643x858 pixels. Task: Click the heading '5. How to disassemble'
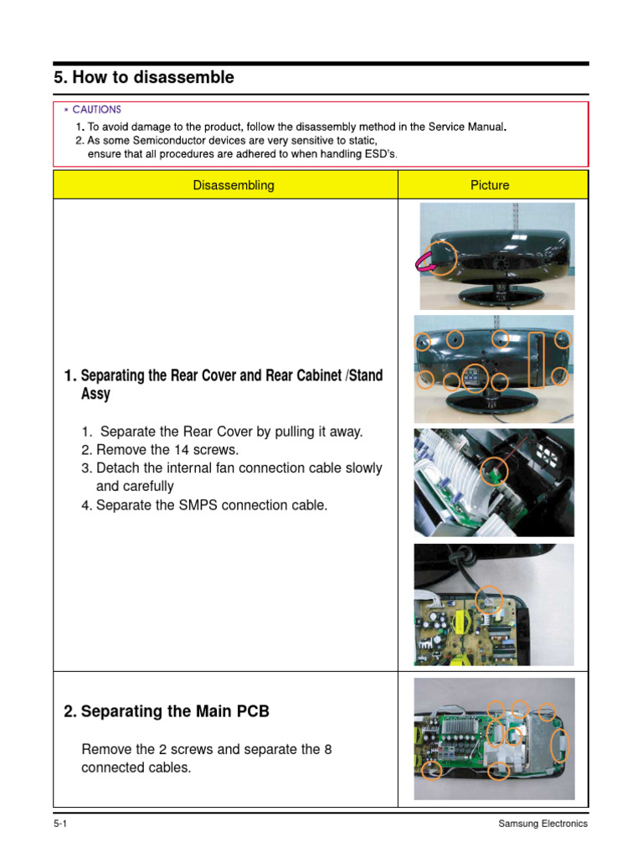(144, 78)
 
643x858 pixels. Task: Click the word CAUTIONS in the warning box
(96, 110)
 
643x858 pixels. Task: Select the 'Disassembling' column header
(233, 185)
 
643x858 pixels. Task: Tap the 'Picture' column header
(490, 185)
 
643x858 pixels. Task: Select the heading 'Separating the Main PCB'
(175, 711)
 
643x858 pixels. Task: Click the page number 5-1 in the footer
(60, 824)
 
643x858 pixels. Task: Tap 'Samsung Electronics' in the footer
(543, 824)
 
